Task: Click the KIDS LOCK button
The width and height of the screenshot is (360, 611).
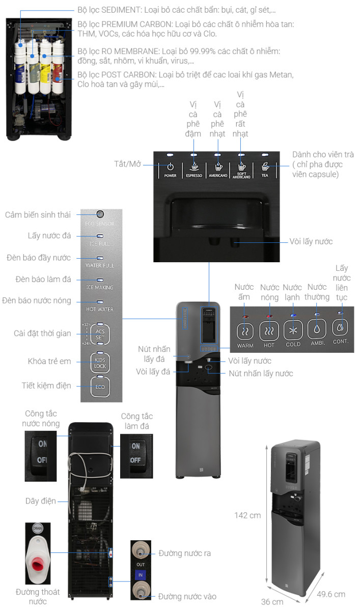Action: [100, 363]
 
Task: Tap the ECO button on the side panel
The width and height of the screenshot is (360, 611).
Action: [100, 385]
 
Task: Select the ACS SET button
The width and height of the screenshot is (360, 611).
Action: [100, 334]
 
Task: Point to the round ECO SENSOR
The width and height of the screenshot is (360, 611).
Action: [100, 214]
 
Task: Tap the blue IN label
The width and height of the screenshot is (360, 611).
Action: [140, 575]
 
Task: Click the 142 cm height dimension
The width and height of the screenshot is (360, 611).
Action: [248, 515]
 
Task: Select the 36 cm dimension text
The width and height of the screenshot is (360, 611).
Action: [272, 601]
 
